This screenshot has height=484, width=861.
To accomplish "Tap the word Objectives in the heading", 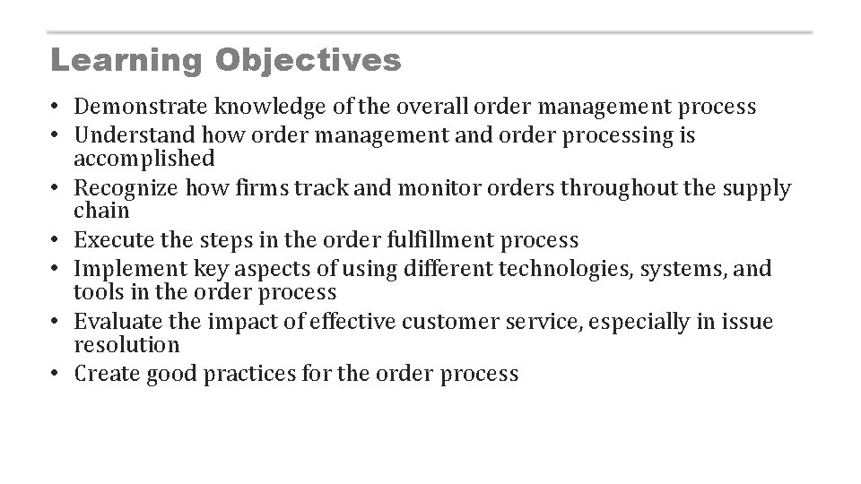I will point(308,61).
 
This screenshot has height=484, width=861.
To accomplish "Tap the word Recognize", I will point(126,188).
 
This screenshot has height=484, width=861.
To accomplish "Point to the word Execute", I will point(112,240).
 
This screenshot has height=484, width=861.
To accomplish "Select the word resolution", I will point(126,345).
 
